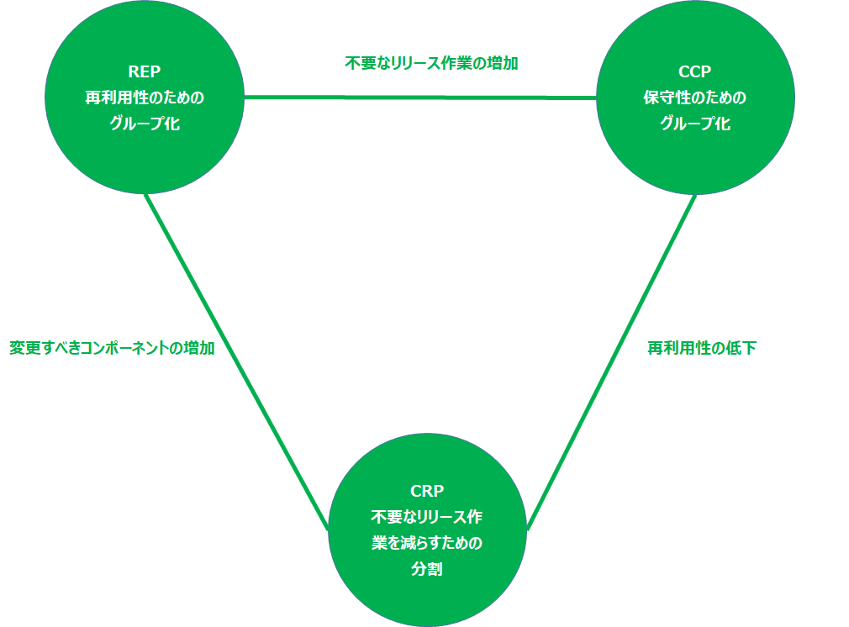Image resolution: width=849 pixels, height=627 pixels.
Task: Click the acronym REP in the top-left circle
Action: click(145, 72)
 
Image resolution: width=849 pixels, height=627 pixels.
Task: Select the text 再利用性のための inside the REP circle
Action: click(145, 97)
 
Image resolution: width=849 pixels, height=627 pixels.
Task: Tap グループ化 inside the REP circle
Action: click(145, 124)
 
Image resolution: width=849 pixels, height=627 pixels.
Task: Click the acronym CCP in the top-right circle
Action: click(694, 72)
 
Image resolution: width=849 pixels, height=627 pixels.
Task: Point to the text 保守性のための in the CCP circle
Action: click(694, 97)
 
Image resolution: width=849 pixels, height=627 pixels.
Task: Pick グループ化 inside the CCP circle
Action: click(694, 124)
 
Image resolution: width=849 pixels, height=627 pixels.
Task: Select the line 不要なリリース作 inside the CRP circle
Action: click(427, 516)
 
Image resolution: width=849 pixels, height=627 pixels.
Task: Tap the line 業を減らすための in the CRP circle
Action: click(427, 543)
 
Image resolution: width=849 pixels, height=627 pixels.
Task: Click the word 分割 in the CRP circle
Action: click(427, 569)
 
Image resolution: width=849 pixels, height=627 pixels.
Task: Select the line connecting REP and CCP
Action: click(420, 97)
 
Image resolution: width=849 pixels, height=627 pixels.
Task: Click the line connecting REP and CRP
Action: click(235, 361)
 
